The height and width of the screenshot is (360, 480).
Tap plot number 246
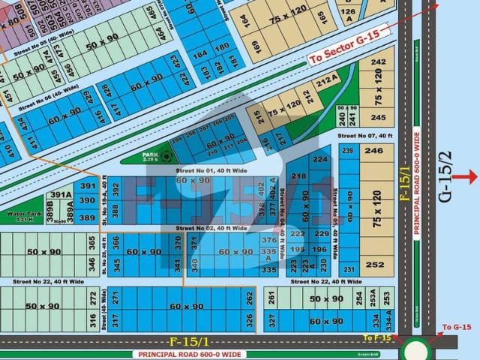[x=373, y=150]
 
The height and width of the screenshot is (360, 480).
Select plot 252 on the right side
[x=374, y=264]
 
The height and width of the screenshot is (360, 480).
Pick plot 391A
[x=61, y=195]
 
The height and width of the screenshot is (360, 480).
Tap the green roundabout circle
[x=417, y=349]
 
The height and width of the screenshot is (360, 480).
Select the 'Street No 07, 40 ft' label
[x=364, y=136]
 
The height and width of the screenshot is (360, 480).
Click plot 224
[x=320, y=159]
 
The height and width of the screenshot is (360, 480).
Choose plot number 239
[x=347, y=151]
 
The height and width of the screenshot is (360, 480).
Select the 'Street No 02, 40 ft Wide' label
[x=211, y=227]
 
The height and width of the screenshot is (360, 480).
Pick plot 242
[x=379, y=61]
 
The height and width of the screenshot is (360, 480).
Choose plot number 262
[x=249, y=297]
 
